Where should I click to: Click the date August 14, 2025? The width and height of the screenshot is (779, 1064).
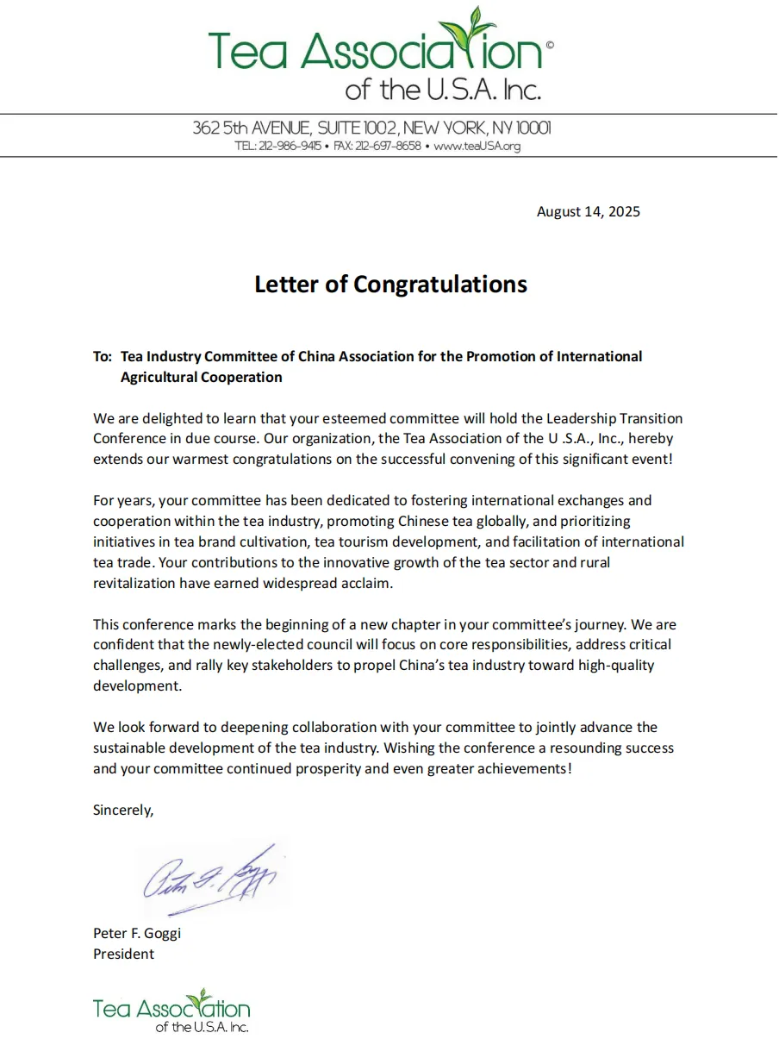[588, 211]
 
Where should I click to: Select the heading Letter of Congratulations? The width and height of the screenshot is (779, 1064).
[390, 284]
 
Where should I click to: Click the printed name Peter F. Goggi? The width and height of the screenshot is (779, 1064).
[137, 933]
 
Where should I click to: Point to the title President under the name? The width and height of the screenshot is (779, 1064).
[124, 954]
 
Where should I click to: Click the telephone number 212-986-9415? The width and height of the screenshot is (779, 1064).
[290, 147]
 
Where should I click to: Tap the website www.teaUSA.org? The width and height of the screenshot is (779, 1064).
[477, 147]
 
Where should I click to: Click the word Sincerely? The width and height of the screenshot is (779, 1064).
[123, 810]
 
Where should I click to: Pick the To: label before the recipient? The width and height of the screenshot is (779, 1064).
[103, 356]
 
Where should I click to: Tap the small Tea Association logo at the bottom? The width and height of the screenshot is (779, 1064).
[171, 1010]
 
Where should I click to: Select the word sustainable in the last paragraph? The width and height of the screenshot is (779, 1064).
[134, 748]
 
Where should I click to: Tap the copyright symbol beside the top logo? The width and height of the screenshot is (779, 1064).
[550, 44]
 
